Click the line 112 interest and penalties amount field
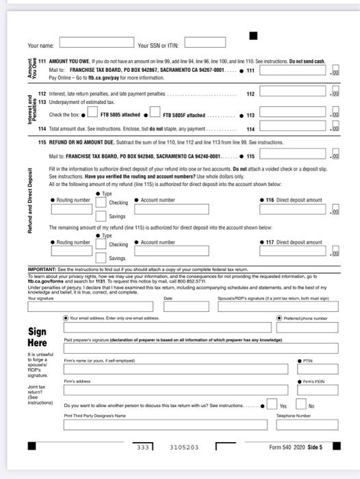(294, 93)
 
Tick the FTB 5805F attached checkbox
(155, 114)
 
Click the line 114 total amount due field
(294, 128)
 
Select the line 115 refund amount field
(294, 156)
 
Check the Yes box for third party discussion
(272, 405)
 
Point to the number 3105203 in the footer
(184, 447)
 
